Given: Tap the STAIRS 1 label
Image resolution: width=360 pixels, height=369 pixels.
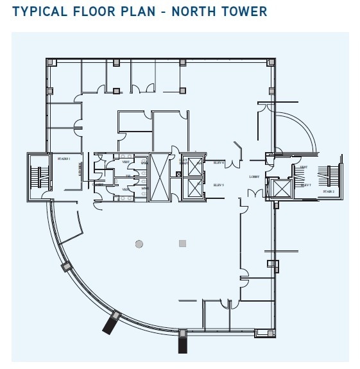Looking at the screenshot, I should click(64, 158).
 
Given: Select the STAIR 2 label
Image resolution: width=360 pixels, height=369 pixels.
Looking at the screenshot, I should click(329, 191).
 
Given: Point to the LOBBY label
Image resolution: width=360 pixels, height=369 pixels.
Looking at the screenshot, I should click(254, 176).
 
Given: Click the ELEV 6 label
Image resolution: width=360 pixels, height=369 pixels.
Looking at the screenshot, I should click(218, 162).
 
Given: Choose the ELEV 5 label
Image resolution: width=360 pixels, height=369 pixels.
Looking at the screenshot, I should click(218, 185).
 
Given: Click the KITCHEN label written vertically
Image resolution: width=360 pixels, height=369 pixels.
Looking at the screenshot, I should click(80, 168).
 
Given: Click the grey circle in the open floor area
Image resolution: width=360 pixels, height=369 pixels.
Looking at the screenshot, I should click(139, 243).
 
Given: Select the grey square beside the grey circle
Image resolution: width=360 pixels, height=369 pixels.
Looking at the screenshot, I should click(182, 243).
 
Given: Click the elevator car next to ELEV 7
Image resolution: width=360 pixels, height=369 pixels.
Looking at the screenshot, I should click(280, 187).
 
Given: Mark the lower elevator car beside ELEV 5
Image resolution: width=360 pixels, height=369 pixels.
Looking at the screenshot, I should click(192, 188).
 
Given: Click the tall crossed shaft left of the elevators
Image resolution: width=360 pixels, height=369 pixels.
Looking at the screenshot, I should click(158, 177).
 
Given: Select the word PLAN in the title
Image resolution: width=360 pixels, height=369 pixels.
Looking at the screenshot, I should click(138, 12).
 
